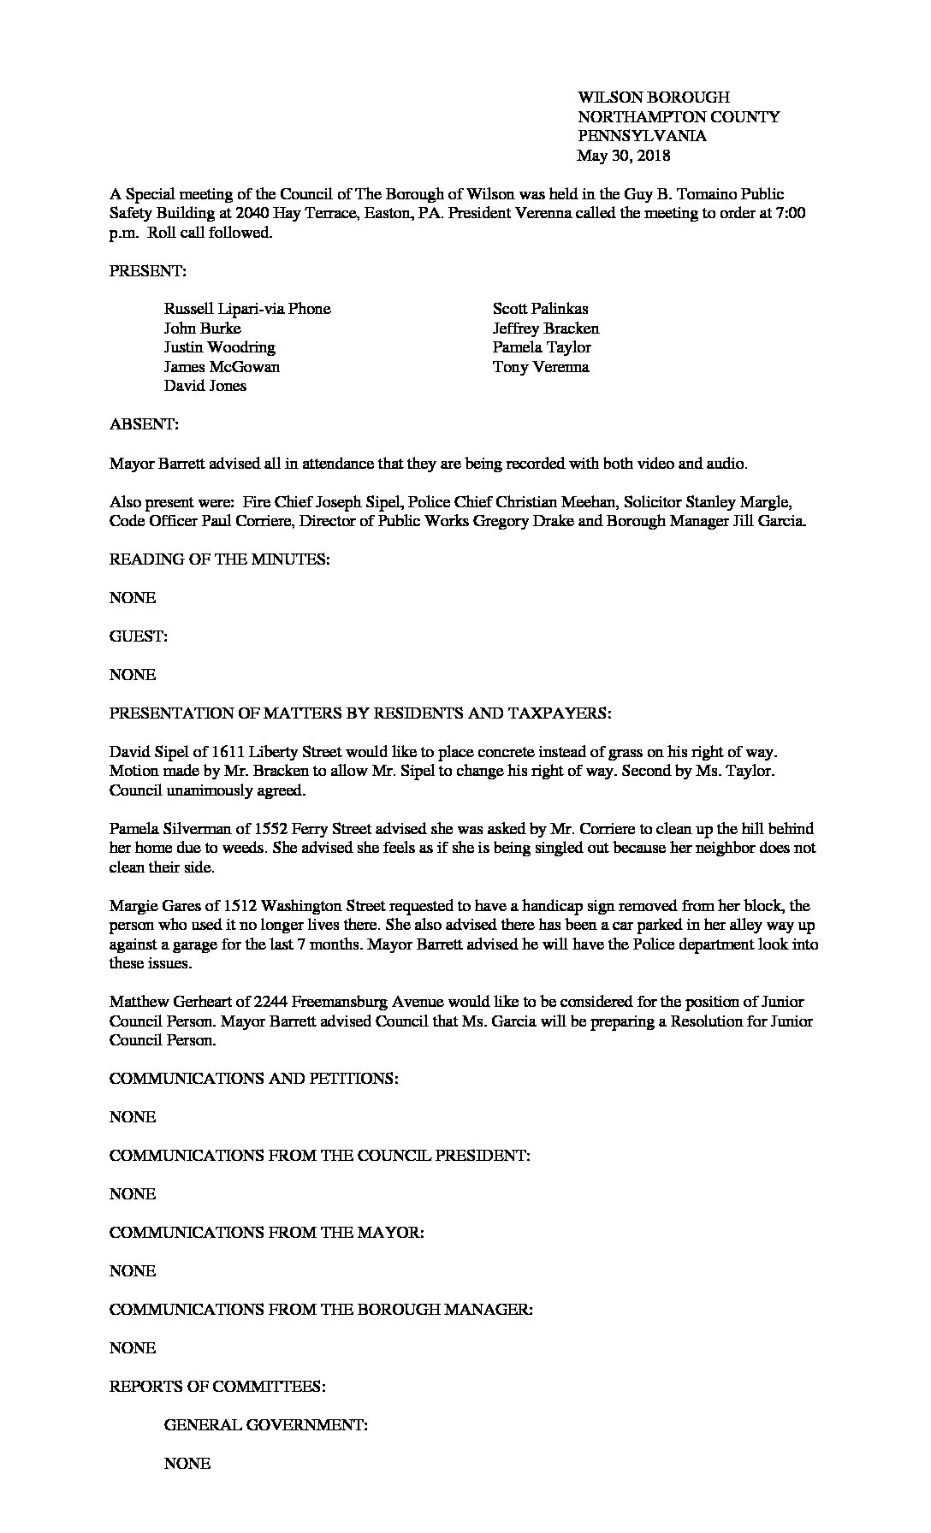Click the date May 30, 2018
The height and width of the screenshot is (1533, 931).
tap(623, 156)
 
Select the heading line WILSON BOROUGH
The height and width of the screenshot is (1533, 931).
tap(653, 98)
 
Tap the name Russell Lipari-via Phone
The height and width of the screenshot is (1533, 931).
tap(247, 309)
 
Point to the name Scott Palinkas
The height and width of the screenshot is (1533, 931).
tap(540, 309)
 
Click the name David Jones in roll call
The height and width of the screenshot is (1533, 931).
tap(205, 386)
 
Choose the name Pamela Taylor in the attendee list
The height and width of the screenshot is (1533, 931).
tap(542, 347)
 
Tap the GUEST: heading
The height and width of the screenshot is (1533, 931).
tap(139, 636)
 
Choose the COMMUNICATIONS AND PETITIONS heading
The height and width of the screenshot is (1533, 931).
tap(253, 1079)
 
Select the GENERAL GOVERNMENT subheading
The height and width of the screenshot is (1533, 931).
tap(266, 1425)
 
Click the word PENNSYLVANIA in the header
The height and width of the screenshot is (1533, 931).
tap(642, 136)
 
